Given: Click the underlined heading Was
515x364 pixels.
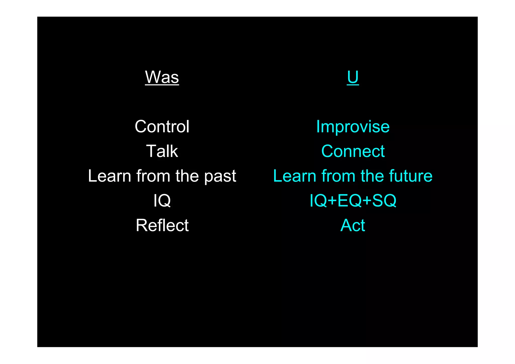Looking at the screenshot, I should (x=162, y=77).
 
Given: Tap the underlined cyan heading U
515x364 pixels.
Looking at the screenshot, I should (x=353, y=77).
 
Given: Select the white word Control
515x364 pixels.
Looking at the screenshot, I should (x=162, y=127).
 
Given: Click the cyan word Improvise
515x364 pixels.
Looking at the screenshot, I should (x=353, y=127).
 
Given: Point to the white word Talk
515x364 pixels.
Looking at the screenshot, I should (x=162, y=151).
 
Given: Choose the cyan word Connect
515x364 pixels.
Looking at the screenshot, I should (x=353, y=151).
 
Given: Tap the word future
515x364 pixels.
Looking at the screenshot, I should (x=410, y=176).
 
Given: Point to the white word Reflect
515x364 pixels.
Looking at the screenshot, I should (x=162, y=225).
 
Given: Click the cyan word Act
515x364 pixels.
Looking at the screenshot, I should (x=353, y=225).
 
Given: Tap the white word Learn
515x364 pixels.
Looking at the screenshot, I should (x=109, y=176).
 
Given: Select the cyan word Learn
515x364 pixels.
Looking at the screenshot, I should (x=294, y=176).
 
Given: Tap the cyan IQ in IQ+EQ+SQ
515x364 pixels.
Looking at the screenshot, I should (x=318, y=201).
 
